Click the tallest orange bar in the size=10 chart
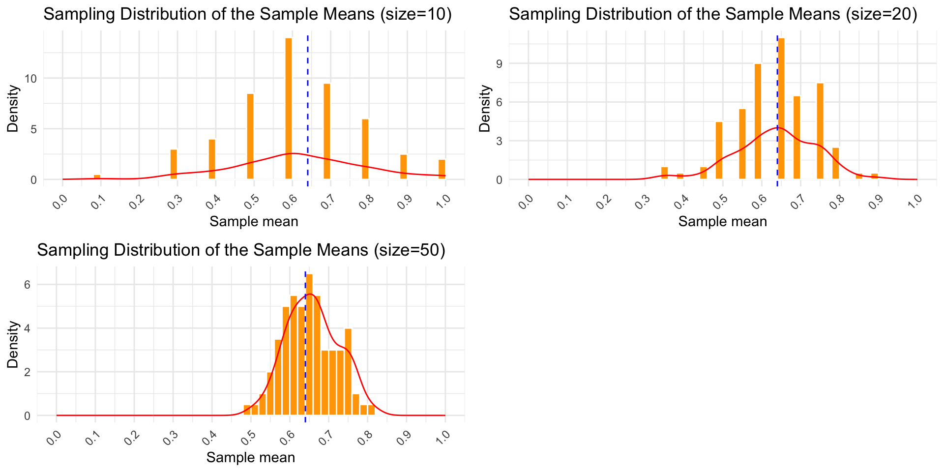pos(289,108)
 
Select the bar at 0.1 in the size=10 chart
pos(97,177)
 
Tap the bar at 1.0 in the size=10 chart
pos(442,170)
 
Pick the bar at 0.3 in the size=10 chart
pos(174,165)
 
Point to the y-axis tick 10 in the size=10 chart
pos(33,79)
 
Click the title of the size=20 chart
pos(713,14)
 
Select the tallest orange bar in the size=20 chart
pos(781,108)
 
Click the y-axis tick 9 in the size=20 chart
pos(499,63)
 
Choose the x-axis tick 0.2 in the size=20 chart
pos(604,201)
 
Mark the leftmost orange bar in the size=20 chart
pos(665,174)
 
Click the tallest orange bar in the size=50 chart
pos(309,344)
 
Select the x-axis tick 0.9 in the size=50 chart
pos(404,437)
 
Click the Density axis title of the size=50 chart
pos(13,344)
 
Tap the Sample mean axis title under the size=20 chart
pos(723,222)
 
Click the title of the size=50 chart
pos(241,250)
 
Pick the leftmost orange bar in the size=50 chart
pos(247,411)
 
